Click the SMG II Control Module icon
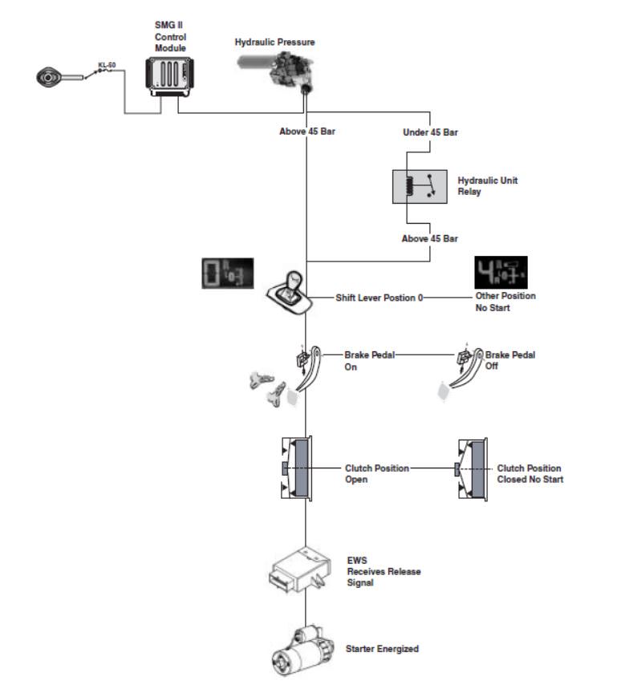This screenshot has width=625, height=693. pyautogui.click(x=169, y=77)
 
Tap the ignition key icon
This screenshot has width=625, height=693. pyautogui.click(x=59, y=77)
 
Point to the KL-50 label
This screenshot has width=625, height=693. pyautogui.click(x=107, y=65)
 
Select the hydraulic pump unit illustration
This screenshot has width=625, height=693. pyautogui.click(x=276, y=71)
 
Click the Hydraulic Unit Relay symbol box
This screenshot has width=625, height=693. pyautogui.click(x=420, y=187)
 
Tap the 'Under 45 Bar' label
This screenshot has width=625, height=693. pyautogui.click(x=430, y=132)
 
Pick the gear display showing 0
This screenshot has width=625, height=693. pyautogui.click(x=228, y=274)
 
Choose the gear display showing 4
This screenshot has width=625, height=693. pyautogui.click(x=501, y=272)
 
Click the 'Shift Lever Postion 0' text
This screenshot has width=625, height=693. pyautogui.click(x=379, y=298)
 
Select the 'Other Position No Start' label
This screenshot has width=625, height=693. pyautogui.click(x=505, y=302)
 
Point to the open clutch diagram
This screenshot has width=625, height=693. pyautogui.click(x=297, y=468)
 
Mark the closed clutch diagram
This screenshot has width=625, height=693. pyautogui.click(x=472, y=469)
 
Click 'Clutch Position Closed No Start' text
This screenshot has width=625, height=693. pyautogui.click(x=530, y=474)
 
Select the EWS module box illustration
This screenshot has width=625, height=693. pyautogui.click(x=300, y=569)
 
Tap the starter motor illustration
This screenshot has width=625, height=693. pyautogui.click(x=302, y=650)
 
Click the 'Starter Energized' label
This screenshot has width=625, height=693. pyautogui.click(x=382, y=649)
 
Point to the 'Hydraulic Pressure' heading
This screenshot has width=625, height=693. pyautogui.click(x=274, y=42)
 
